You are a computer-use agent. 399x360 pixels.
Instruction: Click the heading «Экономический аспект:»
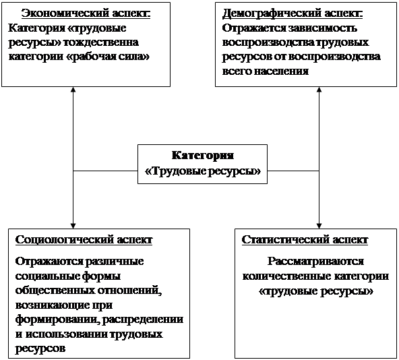(x=86, y=13)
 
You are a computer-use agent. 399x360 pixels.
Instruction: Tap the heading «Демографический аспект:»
(x=293, y=13)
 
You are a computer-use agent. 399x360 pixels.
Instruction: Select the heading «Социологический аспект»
(x=84, y=240)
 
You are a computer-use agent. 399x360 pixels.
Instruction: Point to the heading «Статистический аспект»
(x=305, y=240)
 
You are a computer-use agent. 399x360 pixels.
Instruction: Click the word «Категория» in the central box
(x=203, y=156)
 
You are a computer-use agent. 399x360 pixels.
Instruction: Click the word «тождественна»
(x=101, y=42)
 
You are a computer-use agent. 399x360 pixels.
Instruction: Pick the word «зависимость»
(x=322, y=28)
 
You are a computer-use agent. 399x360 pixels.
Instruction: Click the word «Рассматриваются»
(x=315, y=262)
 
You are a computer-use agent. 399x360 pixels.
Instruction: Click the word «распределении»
(x=142, y=320)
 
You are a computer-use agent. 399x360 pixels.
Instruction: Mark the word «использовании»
(x=66, y=334)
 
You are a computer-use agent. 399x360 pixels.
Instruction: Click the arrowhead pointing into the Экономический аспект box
(x=73, y=90)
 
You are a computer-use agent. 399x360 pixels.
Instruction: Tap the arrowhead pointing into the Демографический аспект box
(x=319, y=90)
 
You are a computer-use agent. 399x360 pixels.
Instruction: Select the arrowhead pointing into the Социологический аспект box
(x=73, y=226)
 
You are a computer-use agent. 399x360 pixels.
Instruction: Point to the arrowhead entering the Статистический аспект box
(x=319, y=226)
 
